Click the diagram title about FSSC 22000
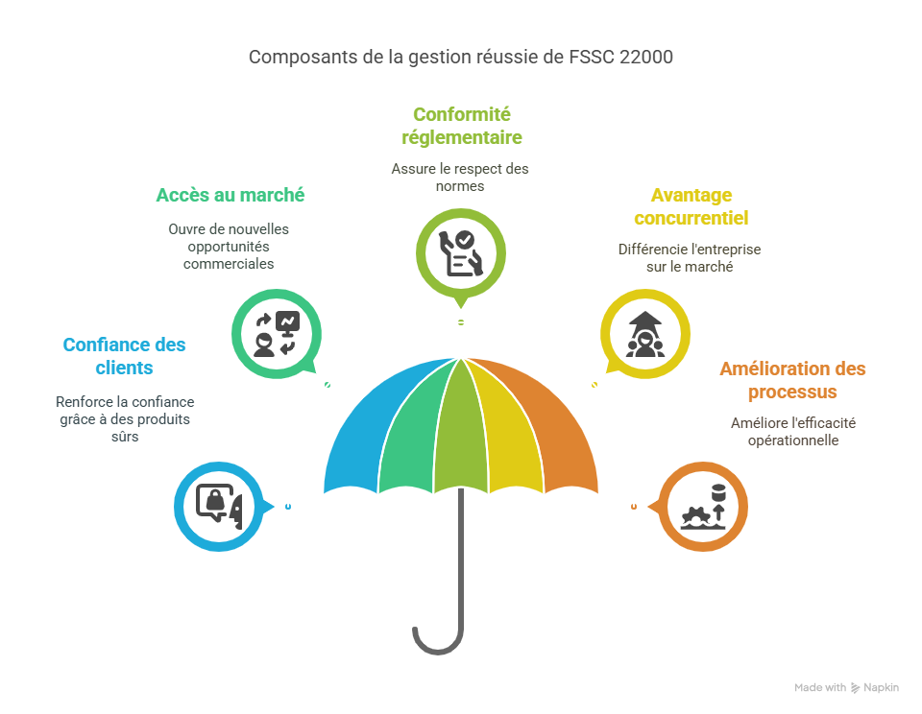pyautogui.click(x=461, y=57)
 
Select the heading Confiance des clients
pyautogui.click(x=125, y=356)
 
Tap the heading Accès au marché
pyautogui.click(x=230, y=195)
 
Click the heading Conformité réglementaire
pyautogui.click(x=461, y=126)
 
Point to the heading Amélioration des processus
pyautogui.click(x=792, y=380)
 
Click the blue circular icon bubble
pyautogui.click(x=219, y=505)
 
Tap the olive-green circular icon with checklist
pyautogui.click(x=461, y=252)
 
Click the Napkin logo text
pyautogui.click(x=880, y=687)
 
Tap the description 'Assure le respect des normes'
pyautogui.click(x=460, y=177)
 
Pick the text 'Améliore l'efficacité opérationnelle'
pyautogui.click(x=792, y=431)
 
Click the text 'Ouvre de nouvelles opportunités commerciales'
pyautogui.click(x=229, y=246)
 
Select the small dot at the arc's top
pyautogui.click(x=461, y=322)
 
